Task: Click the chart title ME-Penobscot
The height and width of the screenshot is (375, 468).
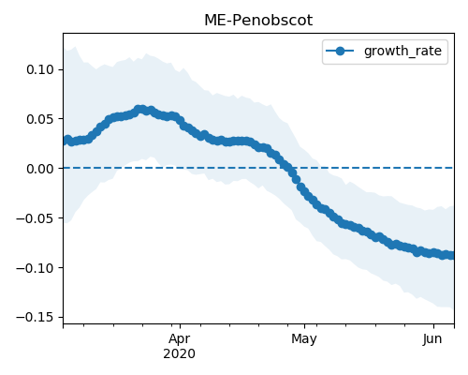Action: pos(258,21)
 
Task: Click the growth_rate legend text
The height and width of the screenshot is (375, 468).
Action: pos(402,51)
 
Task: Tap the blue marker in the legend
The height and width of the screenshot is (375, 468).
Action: pos(340,51)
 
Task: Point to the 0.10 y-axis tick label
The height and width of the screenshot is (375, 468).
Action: pos(40,69)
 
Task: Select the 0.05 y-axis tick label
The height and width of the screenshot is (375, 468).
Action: pos(40,119)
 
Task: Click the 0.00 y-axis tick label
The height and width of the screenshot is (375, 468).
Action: pos(40,169)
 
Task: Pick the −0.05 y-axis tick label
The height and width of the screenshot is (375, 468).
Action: pos(36,218)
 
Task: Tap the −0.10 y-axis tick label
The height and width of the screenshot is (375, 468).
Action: pos(36,268)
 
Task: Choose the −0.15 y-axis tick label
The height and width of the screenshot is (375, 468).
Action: pos(36,318)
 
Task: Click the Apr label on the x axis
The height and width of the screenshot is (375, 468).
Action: pos(180,339)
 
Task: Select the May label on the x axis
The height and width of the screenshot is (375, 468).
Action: pos(304,339)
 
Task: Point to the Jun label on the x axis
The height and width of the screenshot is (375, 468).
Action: pos(432,339)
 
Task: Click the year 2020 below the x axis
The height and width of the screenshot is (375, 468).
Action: pos(180,353)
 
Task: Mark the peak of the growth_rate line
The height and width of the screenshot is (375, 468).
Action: pos(140,110)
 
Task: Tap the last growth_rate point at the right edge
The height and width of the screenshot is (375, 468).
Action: pos(451,255)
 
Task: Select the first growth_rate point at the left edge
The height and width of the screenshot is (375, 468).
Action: pos(65,142)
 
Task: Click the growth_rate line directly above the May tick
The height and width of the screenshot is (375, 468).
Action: pos(305,193)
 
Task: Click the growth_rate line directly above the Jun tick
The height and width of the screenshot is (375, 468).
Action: pos(433,252)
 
